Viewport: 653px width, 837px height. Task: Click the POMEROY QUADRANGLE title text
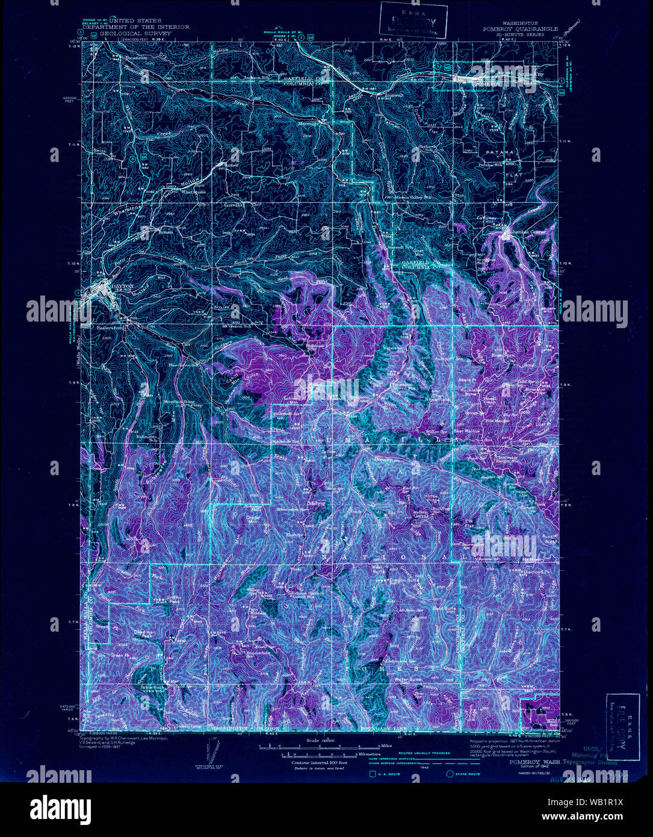[x=519, y=28]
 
